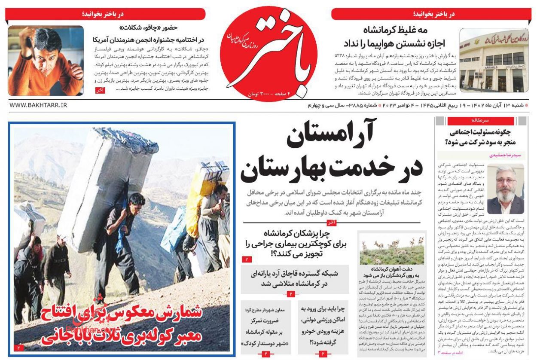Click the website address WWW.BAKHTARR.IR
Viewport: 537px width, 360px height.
pos(38,105)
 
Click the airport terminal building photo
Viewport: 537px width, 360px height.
pos(494,60)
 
